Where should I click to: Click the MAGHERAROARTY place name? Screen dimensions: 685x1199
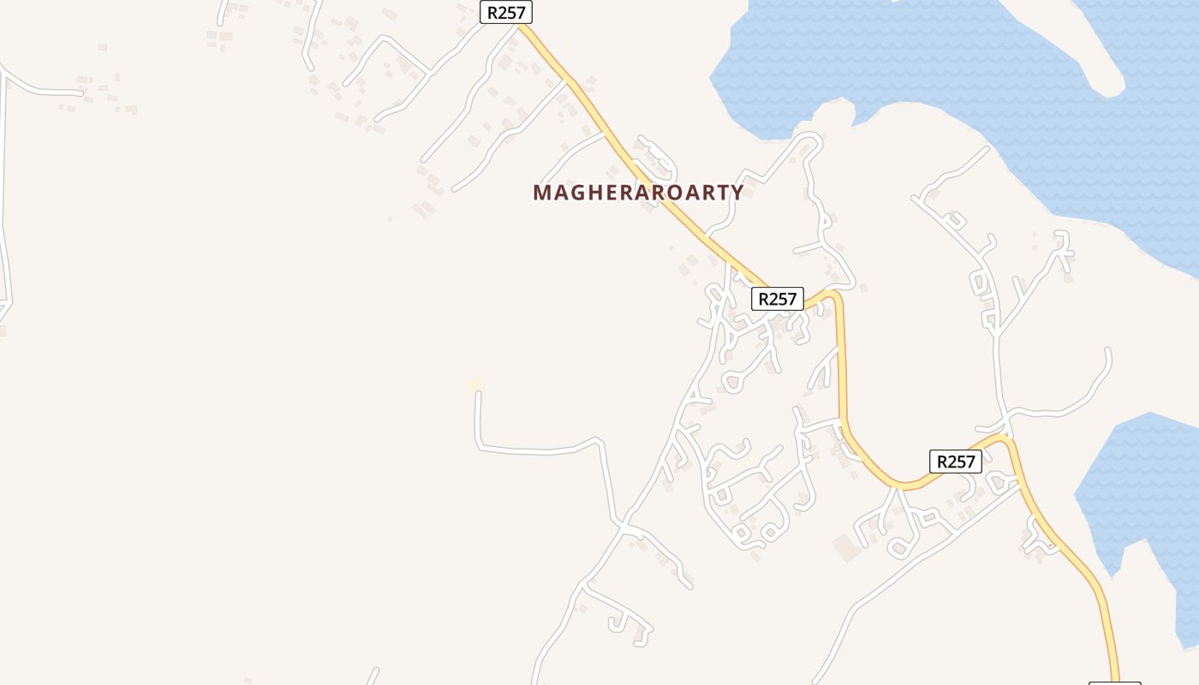point(638,193)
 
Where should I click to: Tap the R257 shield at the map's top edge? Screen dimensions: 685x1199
point(506,12)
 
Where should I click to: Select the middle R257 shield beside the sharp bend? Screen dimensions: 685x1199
point(778,299)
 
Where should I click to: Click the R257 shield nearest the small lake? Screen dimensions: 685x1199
point(956,462)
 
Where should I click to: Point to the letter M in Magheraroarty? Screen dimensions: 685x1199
point(541,193)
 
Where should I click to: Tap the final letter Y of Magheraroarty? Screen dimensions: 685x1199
point(737,193)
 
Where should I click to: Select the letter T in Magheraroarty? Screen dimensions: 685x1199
point(719,193)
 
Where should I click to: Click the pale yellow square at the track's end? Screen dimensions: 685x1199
point(474,385)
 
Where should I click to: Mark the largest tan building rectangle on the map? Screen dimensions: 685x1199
point(846,548)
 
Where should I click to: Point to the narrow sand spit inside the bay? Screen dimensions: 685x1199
point(1071,43)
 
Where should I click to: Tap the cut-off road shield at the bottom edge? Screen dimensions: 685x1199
point(1114,682)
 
